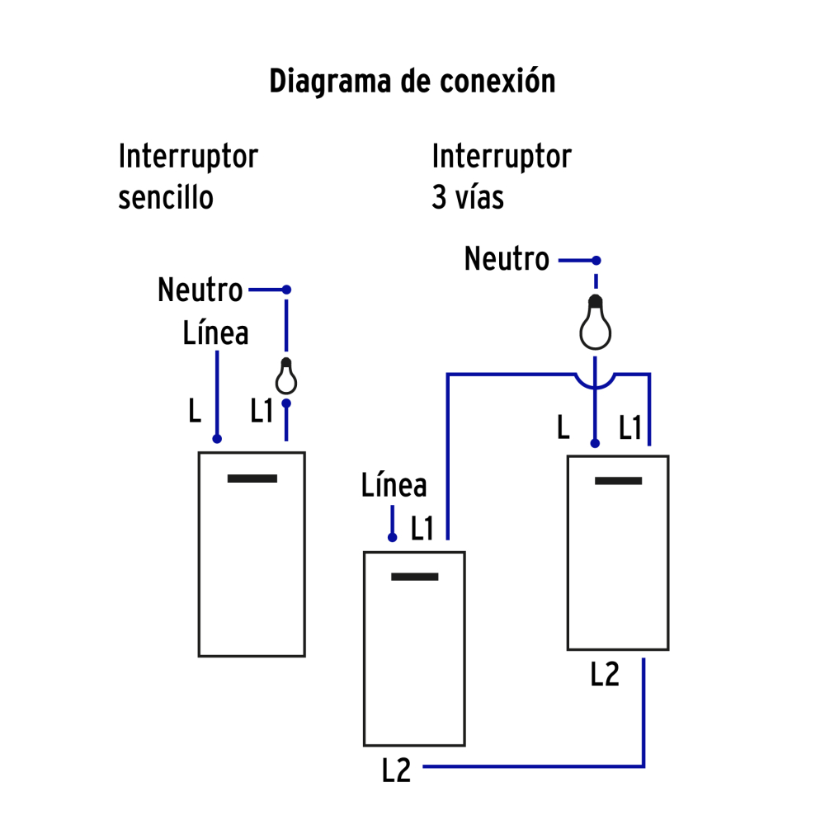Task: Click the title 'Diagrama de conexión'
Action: (x=412, y=82)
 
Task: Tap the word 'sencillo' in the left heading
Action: (x=166, y=198)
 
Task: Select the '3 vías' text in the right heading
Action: (x=467, y=198)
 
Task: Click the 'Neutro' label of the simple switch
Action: (x=200, y=290)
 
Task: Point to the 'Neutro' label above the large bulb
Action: (x=507, y=259)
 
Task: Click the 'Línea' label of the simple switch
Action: (x=215, y=333)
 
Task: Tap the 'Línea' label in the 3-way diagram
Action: (x=394, y=486)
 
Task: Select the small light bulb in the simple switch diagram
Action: (x=286, y=377)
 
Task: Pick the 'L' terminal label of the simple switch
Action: (x=195, y=411)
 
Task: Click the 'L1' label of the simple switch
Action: (x=262, y=411)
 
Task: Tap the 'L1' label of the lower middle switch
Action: (x=422, y=528)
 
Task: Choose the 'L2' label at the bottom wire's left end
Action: (x=397, y=770)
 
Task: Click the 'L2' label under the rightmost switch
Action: (x=605, y=675)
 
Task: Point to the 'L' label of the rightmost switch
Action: (x=563, y=427)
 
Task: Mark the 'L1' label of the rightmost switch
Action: (x=630, y=427)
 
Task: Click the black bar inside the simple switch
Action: (x=252, y=478)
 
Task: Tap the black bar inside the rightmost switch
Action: (x=618, y=481)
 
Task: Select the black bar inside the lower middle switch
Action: (x=414, y=576)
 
